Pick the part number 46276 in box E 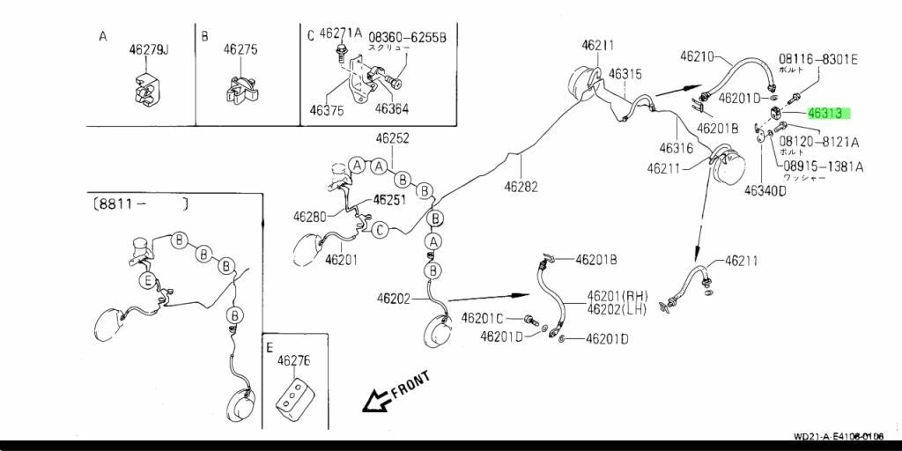(x=293, y=361)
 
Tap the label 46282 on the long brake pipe (x=521, y=187)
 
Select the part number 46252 (x=392, y=138)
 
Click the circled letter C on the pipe (x=380, y=230)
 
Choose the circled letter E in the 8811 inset (x=149, y=281)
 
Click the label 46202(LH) (x=617, y=308)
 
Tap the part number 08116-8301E (x=817, y=59)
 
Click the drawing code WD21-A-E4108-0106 (x=838, y=437)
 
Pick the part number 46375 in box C (x=327, y=110)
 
